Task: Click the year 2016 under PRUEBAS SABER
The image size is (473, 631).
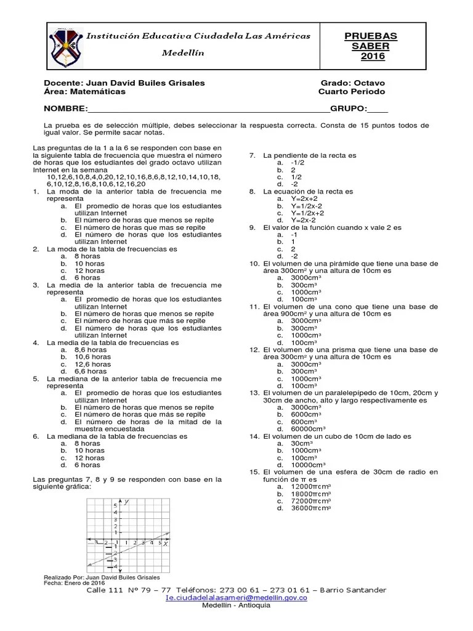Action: [x=373, y=56]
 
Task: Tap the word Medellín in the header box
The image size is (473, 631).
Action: [x=182, y=53]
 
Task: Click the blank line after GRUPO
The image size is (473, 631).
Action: [x=378, y=109]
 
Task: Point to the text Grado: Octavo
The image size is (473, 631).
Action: [x=353, y=83]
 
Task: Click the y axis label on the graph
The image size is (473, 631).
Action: [x=126, y=502]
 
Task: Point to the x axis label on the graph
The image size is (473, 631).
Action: [x=166, y=543]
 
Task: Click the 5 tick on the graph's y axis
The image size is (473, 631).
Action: [x=115, y=505]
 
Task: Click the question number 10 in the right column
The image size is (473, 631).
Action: [x=254, y=263]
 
